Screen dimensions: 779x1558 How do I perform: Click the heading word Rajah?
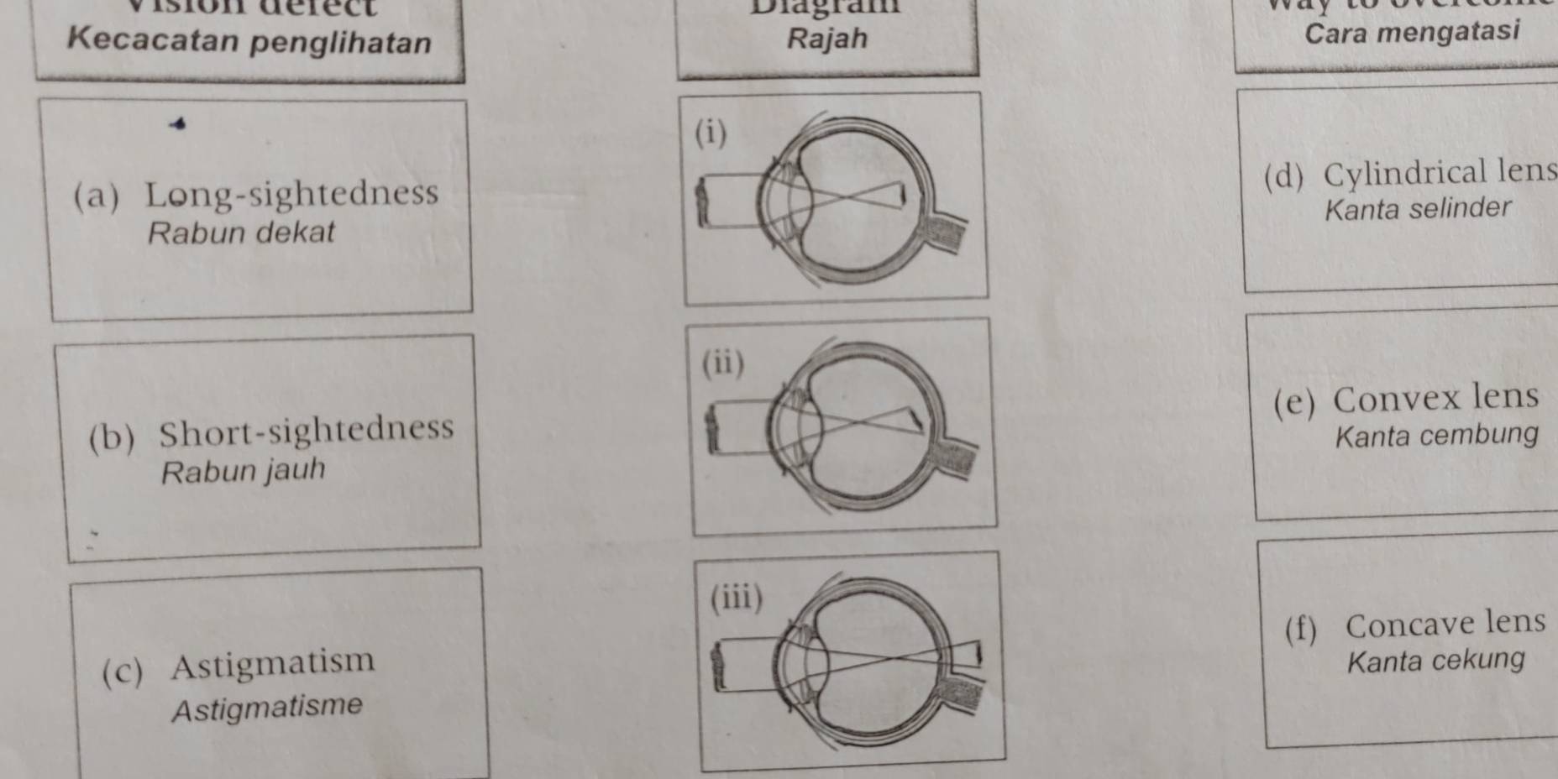point(827,39)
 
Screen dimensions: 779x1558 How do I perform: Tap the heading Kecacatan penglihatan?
point(249,41)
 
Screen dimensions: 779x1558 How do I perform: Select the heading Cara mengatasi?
point(1412,33)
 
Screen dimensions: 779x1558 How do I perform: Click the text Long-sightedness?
point(291,194)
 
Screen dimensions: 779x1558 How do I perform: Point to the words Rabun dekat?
point(241,233)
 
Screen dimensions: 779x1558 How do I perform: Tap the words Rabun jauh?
point(243,471)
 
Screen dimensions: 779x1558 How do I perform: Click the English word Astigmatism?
point(273,664)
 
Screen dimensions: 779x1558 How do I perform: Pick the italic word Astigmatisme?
point(267,707)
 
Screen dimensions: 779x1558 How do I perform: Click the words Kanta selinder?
point(1418,208)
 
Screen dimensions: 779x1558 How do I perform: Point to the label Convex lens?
point(1435,399)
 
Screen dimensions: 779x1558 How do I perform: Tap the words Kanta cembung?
point(1436,436)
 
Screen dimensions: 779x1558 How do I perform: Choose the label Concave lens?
point(1445,624)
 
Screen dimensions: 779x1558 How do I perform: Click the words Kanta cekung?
point(1435,660)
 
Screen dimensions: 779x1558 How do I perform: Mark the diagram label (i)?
point(711,133)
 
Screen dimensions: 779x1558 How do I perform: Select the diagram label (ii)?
point(722,363)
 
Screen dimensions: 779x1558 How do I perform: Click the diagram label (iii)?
point(737,598)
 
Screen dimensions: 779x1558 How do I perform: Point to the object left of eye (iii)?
point(719,666)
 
